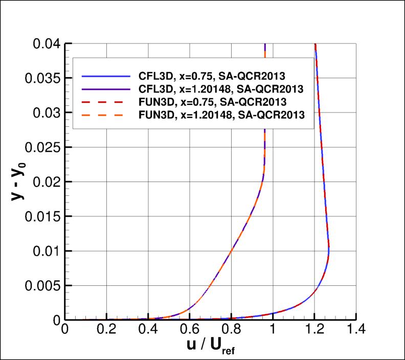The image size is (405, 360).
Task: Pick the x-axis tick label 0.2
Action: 106,329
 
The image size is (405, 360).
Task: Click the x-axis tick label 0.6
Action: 190,329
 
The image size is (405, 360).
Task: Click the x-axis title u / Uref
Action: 210,348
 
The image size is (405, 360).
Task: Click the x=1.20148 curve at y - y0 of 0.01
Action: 232,251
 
